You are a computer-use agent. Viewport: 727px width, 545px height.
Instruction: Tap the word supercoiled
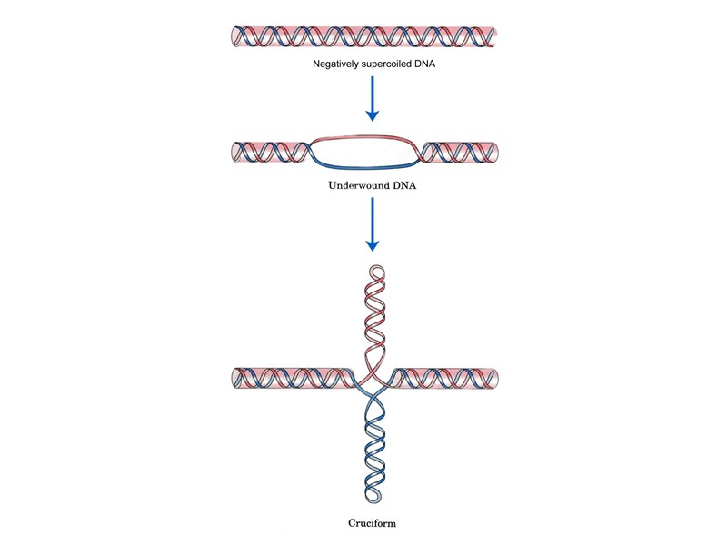click(385, 65)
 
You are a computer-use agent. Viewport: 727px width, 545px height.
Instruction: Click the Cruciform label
click(373, 524)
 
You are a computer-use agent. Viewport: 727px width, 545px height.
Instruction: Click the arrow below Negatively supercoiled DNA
click(372, 99)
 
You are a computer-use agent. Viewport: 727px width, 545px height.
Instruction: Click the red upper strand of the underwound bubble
click(363, 137)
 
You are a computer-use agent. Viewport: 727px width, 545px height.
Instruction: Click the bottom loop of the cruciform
click(373, 499)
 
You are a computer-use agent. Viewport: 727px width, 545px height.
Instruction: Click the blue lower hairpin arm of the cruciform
click(373, 445)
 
